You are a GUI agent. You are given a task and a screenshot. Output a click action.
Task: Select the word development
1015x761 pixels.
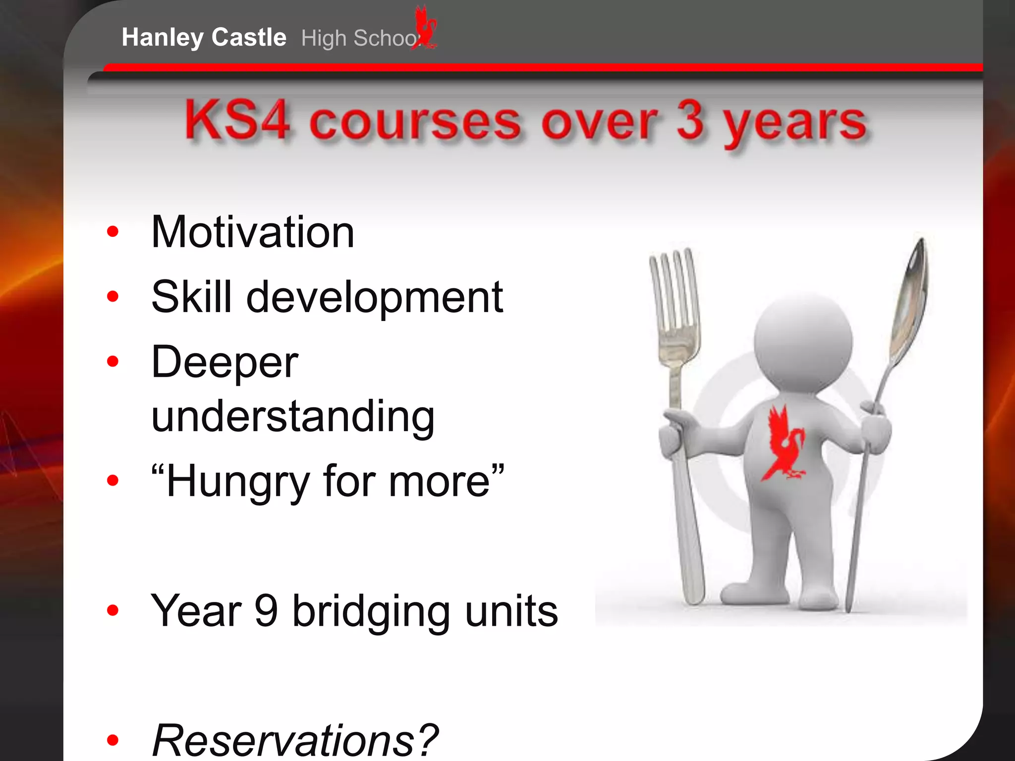pos(375,298)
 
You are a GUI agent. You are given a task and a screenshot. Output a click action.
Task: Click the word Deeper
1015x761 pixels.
pos(225,362)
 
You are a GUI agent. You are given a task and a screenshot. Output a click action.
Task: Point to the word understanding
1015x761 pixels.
pos(293,417)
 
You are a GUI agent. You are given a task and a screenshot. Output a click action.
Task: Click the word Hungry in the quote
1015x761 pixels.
pos(238,482)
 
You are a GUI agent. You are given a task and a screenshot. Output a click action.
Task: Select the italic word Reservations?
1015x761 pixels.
pos(295,740)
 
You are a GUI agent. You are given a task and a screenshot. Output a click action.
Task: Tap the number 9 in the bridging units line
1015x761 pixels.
pos(266,610)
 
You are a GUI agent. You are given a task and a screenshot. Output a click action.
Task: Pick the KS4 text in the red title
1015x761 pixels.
pos(237,121)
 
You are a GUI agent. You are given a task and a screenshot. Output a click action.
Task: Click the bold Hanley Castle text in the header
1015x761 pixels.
pos(204,38)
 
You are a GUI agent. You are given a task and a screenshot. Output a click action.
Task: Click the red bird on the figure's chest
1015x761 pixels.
pos(784,443)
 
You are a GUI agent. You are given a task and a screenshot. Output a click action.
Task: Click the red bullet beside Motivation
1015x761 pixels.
pos(113,231)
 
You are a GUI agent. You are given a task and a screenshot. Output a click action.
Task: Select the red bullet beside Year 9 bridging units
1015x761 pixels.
pos(113,610)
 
